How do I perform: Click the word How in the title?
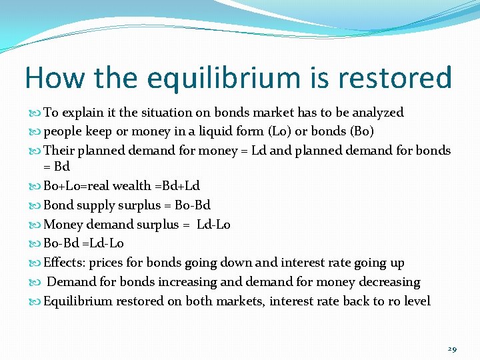55,79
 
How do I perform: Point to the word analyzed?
378,113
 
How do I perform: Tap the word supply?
92,205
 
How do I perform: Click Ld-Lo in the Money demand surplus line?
213,225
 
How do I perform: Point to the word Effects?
65,263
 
